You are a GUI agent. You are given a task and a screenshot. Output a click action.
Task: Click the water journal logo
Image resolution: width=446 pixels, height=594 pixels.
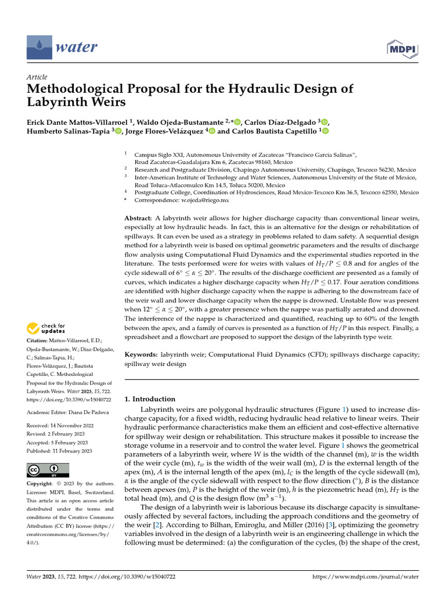point(62,46)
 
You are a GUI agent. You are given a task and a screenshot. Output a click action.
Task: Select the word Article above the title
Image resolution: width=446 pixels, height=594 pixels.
point(37,77)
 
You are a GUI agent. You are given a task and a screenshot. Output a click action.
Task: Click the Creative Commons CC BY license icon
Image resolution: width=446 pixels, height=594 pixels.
point(48,470)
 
